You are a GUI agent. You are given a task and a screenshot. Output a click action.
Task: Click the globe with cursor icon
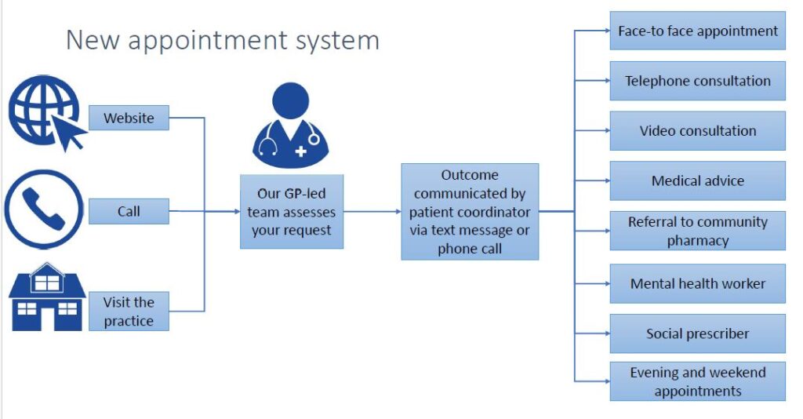click(x=46, y=113)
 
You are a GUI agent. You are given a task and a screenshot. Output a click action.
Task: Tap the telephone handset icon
click(x=44, y=209)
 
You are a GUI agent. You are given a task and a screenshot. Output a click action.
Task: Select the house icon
click(x=46, y=297)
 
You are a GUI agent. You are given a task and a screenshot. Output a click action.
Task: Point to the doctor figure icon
click(x=290, y=126)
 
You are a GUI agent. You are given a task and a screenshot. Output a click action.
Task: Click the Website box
click(x=129, y=118)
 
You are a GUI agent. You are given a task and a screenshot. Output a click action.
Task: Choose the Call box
click(x=129, y=211)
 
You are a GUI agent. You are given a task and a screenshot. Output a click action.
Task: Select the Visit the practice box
click(x=129, y=311)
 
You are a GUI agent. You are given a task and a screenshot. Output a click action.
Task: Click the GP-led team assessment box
click(x=292, y=212)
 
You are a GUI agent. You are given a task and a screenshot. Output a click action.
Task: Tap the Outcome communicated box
click(x=470, y=212)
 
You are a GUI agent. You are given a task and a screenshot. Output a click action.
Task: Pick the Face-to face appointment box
click(x=697, y=31)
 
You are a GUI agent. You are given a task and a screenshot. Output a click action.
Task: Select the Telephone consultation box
click(x=697, y=81)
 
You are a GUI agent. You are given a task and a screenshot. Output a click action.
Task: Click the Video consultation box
click(x=697, y=130)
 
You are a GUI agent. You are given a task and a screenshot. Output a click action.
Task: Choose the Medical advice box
click(x=697, y=180)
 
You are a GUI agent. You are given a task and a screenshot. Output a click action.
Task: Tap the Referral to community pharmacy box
click(x=697, y=231)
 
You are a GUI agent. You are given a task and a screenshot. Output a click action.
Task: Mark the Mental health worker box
click(x=697, y=284)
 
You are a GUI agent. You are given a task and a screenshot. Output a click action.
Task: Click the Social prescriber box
click(x=697, y=333)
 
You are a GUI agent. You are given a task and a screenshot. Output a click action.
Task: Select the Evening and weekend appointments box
click(x=697, y=381)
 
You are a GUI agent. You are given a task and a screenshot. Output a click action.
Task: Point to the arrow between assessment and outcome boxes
click(x=372, y=212)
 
